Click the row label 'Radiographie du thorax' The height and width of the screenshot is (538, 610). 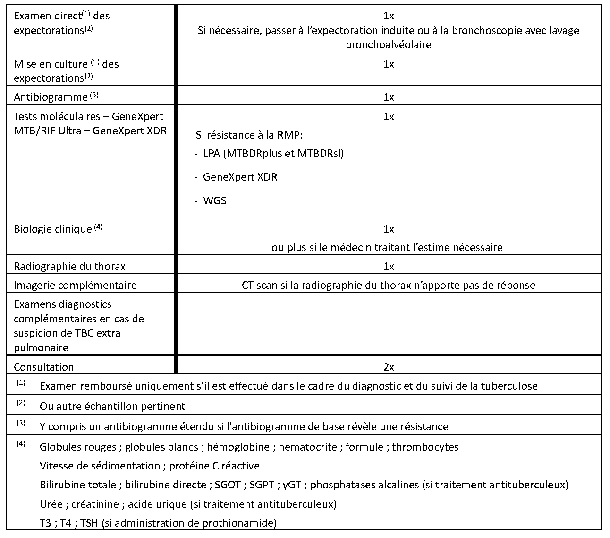[x=69, y=266]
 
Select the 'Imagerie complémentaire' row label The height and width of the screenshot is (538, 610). [x=75, y=285]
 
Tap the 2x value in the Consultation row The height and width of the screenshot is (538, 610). [x=389, y=367]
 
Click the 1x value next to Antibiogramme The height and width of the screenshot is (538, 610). [x=389, y=97]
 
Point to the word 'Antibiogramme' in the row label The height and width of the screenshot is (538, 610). [x=51, y=97]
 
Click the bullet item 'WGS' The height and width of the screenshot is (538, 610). [x=214, y=200]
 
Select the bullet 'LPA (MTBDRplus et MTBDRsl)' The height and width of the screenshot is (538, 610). [x=273, y=153]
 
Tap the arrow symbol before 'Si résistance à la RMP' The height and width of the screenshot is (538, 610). [x=188, y=135]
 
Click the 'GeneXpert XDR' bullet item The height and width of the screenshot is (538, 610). [x=240, y=177]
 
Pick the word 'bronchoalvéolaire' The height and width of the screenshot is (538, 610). [x=389, y=45]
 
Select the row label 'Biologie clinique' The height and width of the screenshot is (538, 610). [x=52, y=229]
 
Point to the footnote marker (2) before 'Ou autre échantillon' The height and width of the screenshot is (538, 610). [x=21, y=403]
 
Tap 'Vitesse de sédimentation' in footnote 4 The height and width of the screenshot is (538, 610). [x=100, y=466]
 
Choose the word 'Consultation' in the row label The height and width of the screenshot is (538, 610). [x=43, y=367]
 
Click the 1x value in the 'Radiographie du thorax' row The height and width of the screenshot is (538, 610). [x=389, y=266]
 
